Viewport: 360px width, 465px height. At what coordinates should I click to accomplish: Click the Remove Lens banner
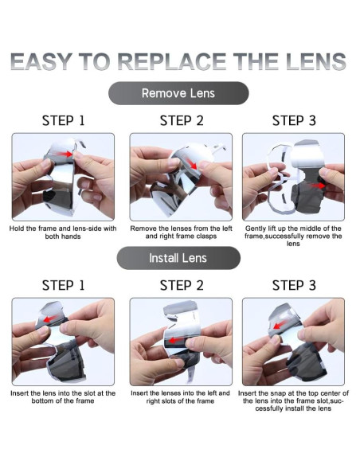click(x=178, y=93)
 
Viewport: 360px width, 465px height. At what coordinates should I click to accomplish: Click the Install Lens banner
click(x=178, y=258)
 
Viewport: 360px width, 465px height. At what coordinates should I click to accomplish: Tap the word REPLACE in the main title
click(x=172, y=61)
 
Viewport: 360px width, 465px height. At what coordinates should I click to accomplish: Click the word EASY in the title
click(x=41, y=61)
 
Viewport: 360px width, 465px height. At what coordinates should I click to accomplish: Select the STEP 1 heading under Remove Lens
click(x=63, y=121)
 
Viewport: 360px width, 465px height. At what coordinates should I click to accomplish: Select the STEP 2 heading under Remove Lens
click(x=182, y=121)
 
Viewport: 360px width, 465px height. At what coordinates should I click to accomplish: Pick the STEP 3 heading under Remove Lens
click(x=294, y=121)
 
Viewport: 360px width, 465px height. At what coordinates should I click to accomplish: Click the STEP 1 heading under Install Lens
click(x=63, y=285)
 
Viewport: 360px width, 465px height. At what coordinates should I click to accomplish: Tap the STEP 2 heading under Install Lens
click(x=182, y=285)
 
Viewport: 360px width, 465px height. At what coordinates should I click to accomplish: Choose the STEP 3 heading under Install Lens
click(x=294, y=285)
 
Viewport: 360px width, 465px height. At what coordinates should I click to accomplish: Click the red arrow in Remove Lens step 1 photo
click(x=65, y=154)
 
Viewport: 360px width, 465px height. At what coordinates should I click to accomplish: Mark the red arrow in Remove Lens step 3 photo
click(x=317, y=186)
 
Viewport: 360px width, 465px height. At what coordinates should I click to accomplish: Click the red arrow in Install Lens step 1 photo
click(x=50, y=319)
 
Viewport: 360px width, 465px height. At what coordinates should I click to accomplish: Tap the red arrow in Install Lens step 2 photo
click(x=174, y=341)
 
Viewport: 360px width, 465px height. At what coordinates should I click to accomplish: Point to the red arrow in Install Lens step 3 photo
click(x=279, y=325)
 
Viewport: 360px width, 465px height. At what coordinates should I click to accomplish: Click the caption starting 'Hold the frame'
click(x=63, y=232)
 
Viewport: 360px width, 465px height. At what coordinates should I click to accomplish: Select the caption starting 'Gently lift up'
click(x=293, y=236)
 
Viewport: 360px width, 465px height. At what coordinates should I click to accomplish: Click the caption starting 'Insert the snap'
click(x=293, y=401)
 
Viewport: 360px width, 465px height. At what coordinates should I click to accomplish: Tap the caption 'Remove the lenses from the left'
click(x=181, y=232)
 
